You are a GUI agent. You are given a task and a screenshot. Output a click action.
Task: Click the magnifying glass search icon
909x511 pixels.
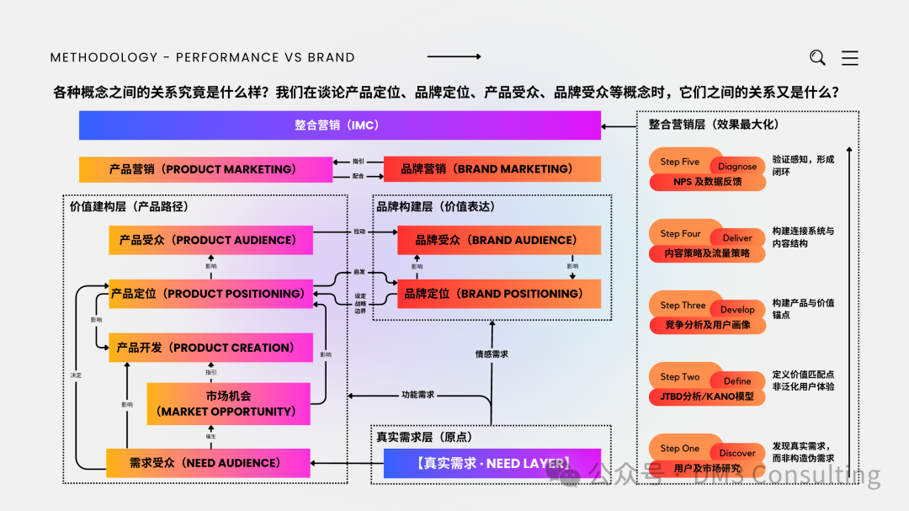tap(817, 57)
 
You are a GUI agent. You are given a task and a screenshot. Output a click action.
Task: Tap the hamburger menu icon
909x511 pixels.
tap(850, 57)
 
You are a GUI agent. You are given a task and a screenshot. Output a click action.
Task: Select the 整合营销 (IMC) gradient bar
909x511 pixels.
tap(339, 125)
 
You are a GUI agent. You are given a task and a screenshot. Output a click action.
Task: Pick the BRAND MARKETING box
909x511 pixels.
tap(492, 169)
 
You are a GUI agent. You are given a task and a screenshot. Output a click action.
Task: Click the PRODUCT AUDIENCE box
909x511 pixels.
tap(210, 240)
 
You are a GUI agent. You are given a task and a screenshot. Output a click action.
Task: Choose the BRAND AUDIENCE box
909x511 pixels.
tap(499, 240)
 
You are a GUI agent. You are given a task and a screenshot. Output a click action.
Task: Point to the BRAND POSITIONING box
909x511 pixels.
tap(499, 294)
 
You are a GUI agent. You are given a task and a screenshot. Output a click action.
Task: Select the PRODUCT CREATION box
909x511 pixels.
tap(210, 348)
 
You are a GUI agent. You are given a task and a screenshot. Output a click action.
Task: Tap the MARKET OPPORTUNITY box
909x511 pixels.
tap(228, 403)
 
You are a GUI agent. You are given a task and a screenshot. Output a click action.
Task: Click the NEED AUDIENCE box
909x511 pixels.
tap(208, 463)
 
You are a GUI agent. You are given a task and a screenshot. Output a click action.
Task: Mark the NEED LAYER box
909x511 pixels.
tap(492, 463)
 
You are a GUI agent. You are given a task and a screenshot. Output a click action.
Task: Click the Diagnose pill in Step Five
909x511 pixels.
tap(737, 167)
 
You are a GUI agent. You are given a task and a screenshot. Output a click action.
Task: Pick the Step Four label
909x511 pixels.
tap(680, 233)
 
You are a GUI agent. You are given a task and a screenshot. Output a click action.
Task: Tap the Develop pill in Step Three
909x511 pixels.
tap(737, 310)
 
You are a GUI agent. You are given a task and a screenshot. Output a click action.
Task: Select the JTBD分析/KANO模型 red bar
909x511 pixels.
tap(707, 396)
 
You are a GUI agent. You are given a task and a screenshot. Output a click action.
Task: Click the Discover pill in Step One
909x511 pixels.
tap(737, 453)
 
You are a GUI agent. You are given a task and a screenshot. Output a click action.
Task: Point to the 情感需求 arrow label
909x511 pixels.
tap(492, 354)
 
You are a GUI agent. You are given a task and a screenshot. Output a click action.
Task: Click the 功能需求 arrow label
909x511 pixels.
tap(417, 395)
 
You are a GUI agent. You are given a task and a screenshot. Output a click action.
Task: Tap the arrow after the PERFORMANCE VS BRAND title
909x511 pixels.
tap(454, 57)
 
